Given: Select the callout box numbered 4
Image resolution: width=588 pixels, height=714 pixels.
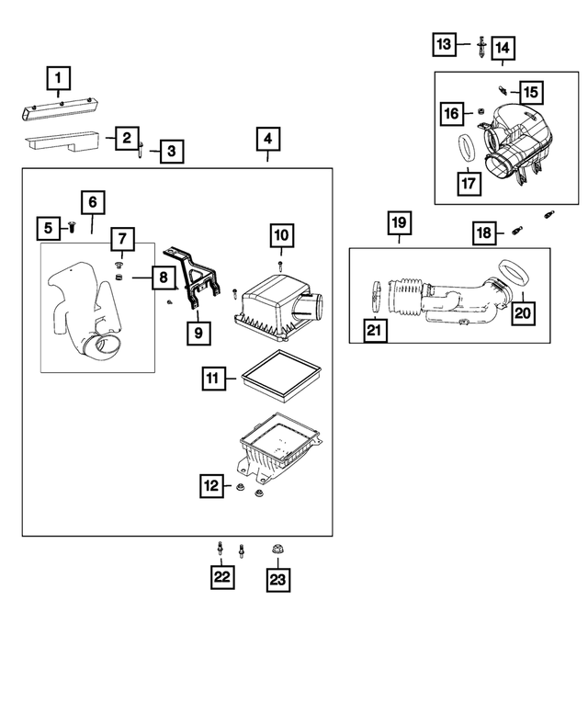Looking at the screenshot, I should click(x=266, y=140).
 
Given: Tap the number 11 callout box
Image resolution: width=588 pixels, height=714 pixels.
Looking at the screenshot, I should click(x=212, y=378).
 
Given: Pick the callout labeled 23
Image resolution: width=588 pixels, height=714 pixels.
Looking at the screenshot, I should click(x=277, y=579).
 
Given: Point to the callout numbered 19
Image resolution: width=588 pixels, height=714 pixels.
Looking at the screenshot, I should click(x=398, y=223).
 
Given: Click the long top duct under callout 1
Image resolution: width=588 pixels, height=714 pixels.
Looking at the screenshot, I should click(x=60, y=111).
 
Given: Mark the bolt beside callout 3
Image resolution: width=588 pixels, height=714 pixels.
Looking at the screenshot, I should click(x=141, y=147).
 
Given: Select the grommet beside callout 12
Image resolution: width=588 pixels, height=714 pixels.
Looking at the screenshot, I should click(x=241, y=487).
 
